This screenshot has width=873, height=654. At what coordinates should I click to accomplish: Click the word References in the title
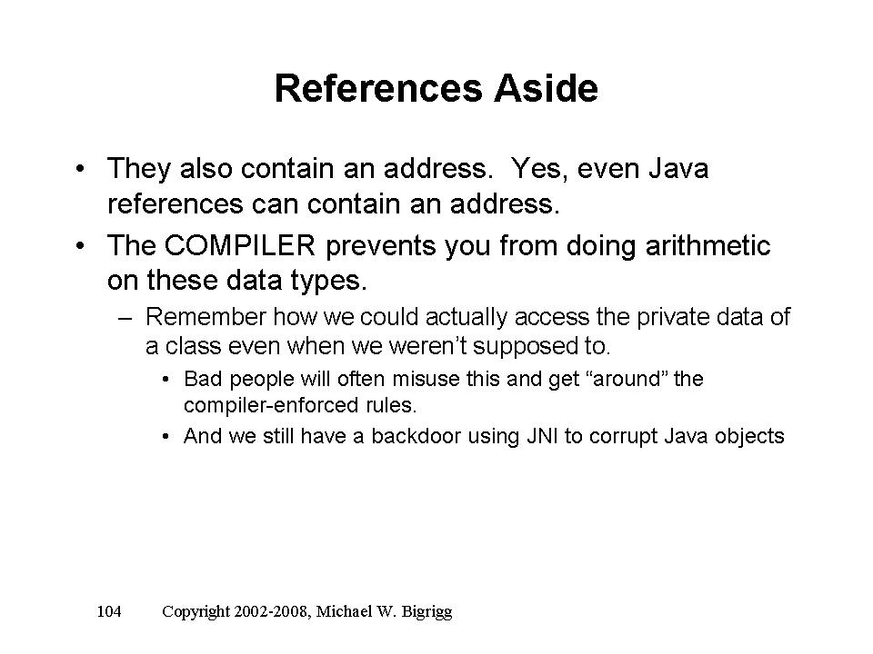pos(378,88)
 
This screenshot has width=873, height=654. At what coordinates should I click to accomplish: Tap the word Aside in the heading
pos(547,88)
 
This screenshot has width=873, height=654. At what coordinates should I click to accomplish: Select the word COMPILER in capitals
pos(240,245)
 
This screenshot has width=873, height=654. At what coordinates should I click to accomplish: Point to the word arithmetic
pos(708,245)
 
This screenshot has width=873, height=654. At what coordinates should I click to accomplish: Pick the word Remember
pos(206,317)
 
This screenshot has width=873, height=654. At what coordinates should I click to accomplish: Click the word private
pos(673,318)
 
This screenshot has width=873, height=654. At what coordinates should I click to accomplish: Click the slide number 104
pos(109,611)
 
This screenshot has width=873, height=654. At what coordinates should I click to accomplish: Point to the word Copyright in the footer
pos(196,612)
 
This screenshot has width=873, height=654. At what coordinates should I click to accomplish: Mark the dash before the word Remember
pos(125,319)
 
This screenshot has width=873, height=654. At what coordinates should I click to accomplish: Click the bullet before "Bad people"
pos(166,381)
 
